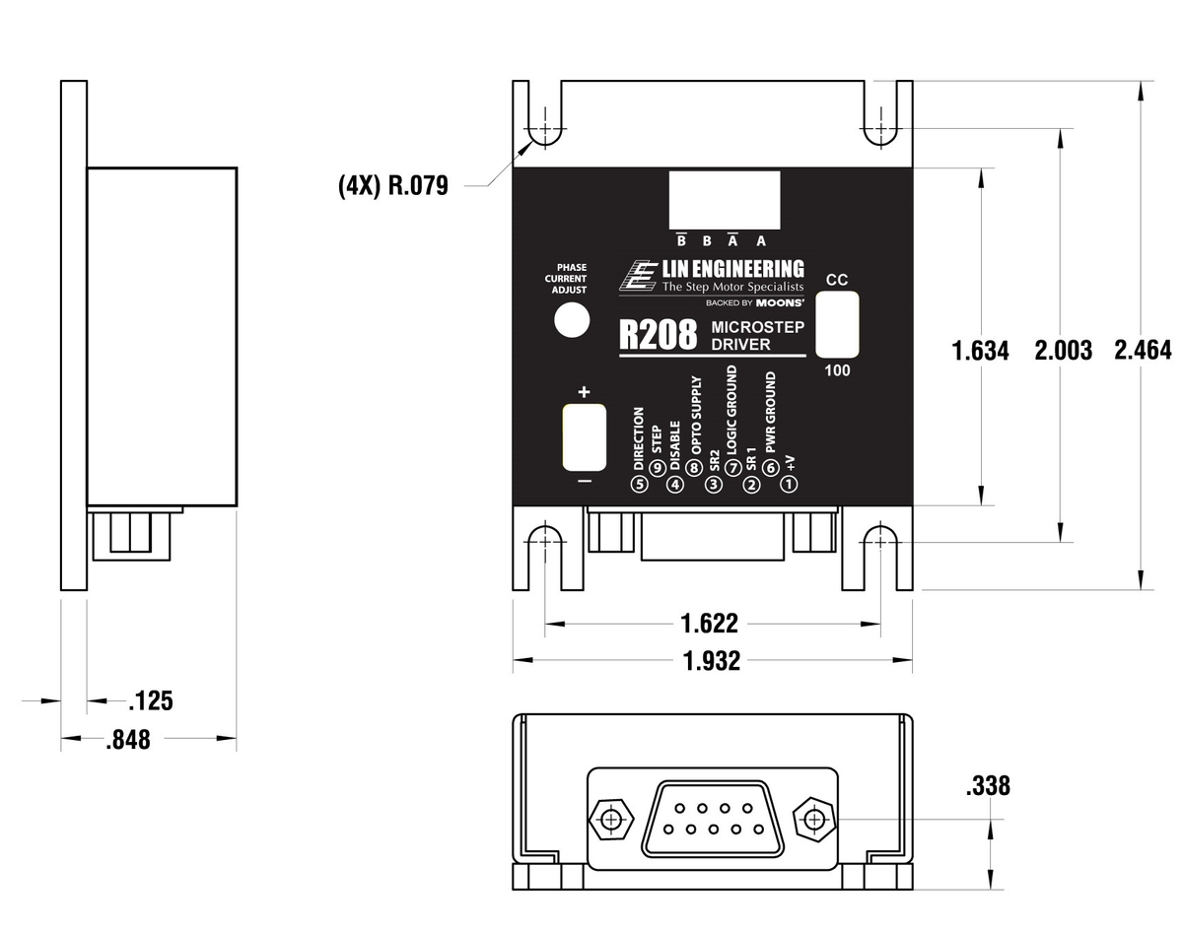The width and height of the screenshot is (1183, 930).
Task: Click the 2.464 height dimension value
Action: click(1143, 350)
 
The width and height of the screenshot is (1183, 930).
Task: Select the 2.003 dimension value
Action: click(1062, 350)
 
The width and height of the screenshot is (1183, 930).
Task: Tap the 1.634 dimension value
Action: click(980, 351)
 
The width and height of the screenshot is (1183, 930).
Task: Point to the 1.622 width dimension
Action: click(710, 624)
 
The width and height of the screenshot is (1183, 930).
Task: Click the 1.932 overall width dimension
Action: click(710, 661)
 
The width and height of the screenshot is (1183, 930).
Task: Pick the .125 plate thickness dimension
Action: click(151, 701)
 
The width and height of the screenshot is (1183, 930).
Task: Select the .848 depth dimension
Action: click(128, 739)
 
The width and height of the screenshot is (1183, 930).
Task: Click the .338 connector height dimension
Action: click(988, 786)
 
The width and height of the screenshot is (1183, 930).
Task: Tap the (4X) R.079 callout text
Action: click(392, 185)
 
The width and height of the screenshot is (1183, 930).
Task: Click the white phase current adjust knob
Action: click(570, 322)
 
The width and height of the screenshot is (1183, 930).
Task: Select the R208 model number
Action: click(659, 334)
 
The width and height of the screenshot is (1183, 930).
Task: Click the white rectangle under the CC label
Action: click(837, 324)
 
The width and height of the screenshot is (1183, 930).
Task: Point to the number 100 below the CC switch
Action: click(837, 371)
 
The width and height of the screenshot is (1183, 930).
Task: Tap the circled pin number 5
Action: click(639, 484)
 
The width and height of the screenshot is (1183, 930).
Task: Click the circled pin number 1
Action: click(789, 484)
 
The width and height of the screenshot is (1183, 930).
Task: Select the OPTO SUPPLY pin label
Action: click(696, 426)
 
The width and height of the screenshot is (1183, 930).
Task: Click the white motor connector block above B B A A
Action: click(725, 200)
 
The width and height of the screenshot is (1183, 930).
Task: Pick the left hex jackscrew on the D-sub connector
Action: click(612, 819)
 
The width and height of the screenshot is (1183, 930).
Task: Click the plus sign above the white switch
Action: click(584, 392)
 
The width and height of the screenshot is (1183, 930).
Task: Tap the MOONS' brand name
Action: click(781, 302)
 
